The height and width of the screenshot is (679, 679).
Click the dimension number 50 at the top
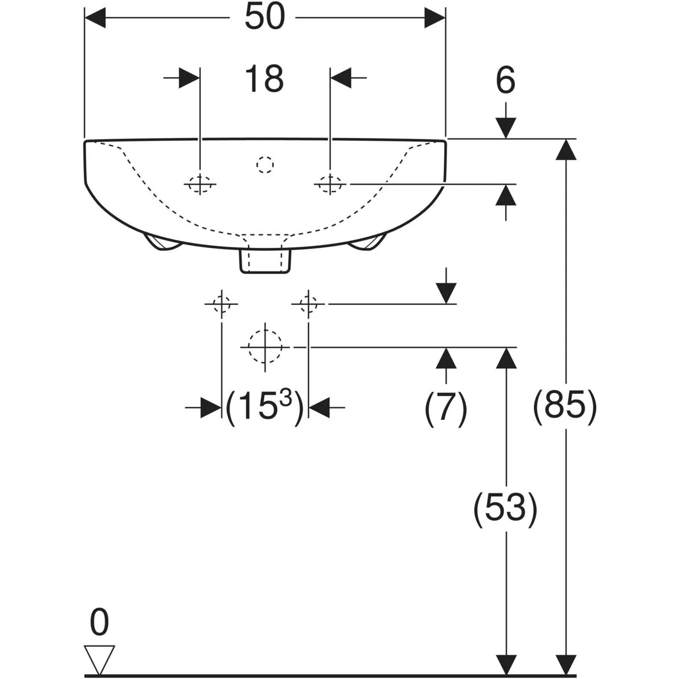(x=264, y=17)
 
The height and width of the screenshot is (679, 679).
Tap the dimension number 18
(x=264, y=78)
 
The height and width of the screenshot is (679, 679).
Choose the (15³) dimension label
(x=264, y=407)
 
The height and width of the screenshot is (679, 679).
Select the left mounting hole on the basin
(x=200, y=184)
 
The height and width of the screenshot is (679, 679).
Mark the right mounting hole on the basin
(x=330, y=184)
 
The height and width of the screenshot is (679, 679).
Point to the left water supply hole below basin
(x=222, y=304)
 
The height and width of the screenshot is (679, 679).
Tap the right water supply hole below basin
(x=308, y=304)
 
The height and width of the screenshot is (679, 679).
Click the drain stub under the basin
(x=265, y=261)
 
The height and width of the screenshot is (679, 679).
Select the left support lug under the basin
(x=163, y=242)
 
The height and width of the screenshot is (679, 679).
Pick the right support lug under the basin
(x=367, y=242)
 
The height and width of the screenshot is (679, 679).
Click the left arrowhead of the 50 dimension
(x=95, y=18)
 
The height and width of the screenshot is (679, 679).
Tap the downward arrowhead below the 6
(x=506, y=128)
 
